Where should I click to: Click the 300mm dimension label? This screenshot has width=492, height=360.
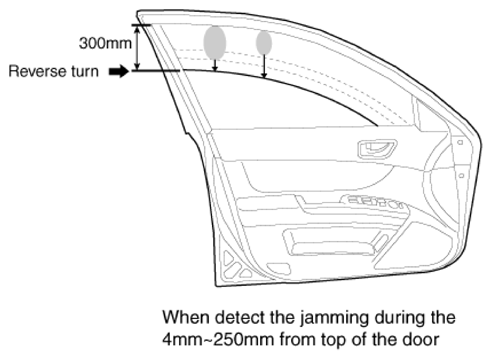pyautogui.click(x=105, y=43)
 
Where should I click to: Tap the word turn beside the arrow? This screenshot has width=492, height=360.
pyautogui.click(x=85, y=71)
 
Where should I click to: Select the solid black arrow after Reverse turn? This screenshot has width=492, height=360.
pyautogui.click(x=119, y=71)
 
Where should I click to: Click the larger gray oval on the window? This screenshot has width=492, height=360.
pyautogui.click(x=215, y=42)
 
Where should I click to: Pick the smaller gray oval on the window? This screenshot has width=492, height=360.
pyautogui.click(x=264, y=42)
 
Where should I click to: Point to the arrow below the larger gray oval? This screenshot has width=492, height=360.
pyautogui.click(x=215, y=65)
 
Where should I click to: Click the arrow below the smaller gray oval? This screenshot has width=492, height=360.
pyautogui.click(x=264, y=66)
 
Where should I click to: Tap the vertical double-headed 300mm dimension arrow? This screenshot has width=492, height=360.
pyautogui.click(x=137, y=48)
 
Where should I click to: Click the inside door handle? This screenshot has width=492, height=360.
pyautogui.click(x=377, y=149)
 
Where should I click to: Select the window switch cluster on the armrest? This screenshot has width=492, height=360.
pyautogui.click(x=374, y=202)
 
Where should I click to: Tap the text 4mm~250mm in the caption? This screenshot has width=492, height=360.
pyautogui.click(x=218, y=340)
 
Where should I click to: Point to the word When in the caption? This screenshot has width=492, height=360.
pyautogui.click(x=186, y=317)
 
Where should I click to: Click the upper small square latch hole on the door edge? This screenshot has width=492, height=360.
pyautogui.click(x=460, y=142)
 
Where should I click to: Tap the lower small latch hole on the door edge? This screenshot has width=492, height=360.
pyautogui.click(x=461, y=175)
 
